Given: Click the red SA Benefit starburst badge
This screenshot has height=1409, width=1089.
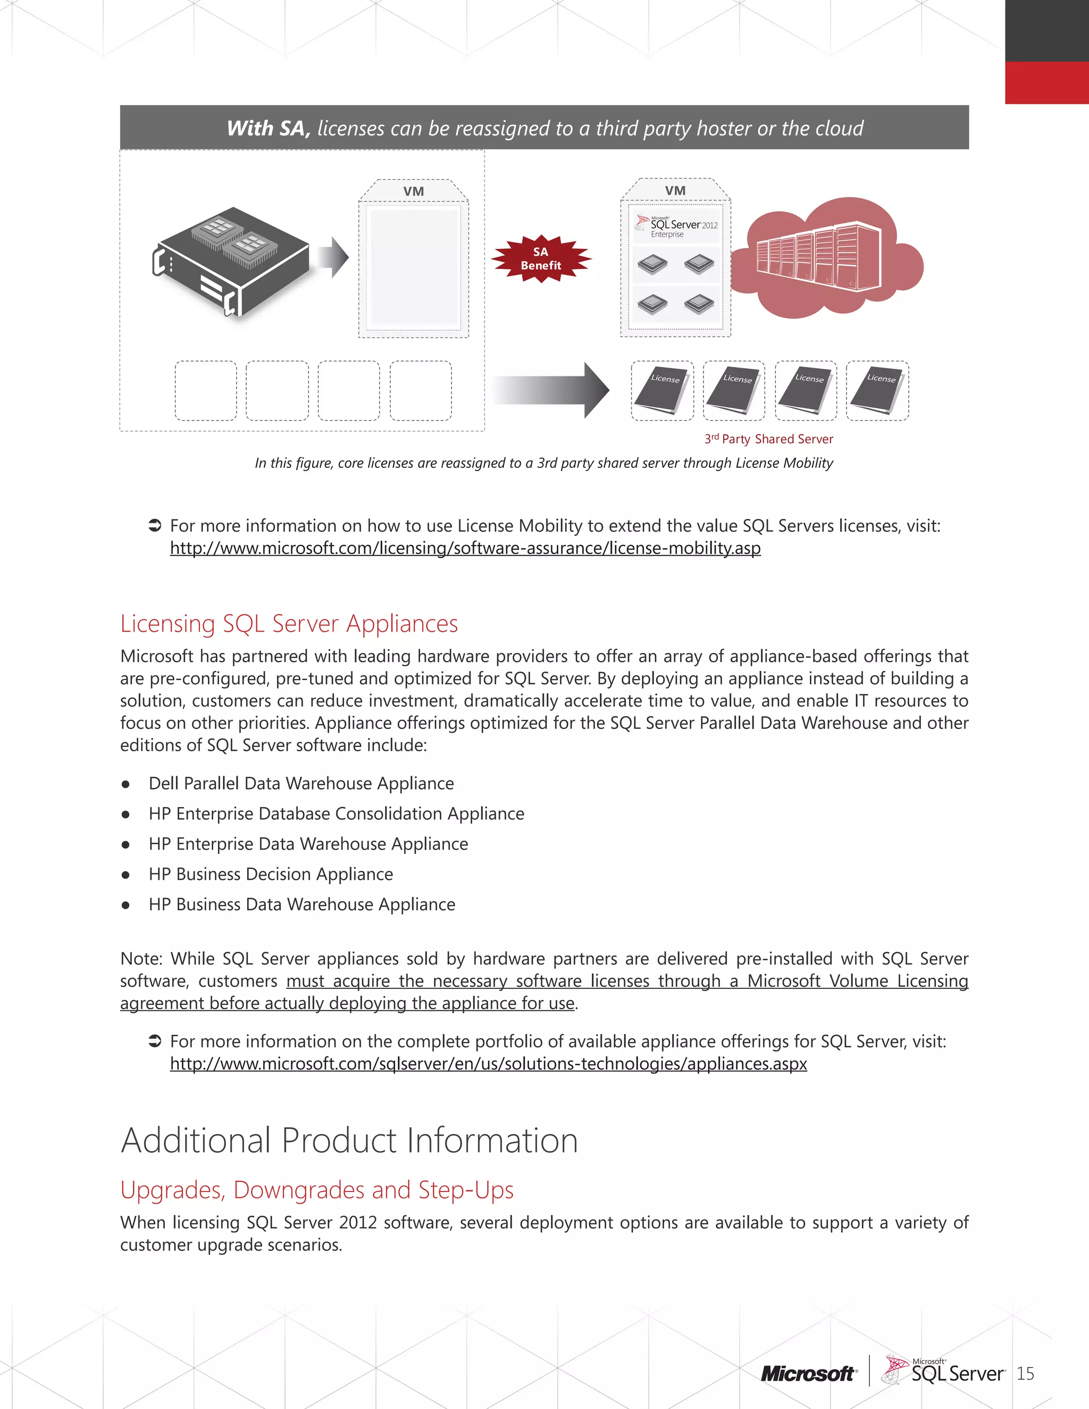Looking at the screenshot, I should coord(541,259).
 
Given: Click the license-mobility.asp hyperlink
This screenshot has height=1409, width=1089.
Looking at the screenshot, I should coord(465,548).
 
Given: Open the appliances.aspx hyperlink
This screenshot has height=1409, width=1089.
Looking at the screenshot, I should coord(488,1064).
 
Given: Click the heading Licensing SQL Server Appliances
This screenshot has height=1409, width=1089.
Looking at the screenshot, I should coord(289,624).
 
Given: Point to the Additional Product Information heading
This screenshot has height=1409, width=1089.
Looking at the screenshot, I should coord(349,1140).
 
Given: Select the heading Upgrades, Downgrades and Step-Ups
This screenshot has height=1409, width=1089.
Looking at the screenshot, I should coord(317,1189).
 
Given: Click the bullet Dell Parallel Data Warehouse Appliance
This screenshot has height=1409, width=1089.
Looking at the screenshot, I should coord(301,784).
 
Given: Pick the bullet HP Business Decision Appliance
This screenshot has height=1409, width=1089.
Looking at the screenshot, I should coord(271,874).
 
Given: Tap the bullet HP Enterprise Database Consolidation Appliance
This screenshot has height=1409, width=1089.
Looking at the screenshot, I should coord(336,814).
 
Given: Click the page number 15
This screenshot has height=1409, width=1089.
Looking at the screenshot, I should coord(1025,1374).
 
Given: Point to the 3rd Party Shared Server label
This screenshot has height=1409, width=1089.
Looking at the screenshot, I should coord(769,439).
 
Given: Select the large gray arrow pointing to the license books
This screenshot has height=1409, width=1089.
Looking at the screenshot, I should coord(551,390).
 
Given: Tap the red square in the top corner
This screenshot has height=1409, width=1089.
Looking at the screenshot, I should coord(1046,82).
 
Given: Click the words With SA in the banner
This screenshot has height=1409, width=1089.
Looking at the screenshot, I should coord(269,128).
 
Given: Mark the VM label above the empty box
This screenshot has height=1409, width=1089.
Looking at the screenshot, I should coord(414,191).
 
